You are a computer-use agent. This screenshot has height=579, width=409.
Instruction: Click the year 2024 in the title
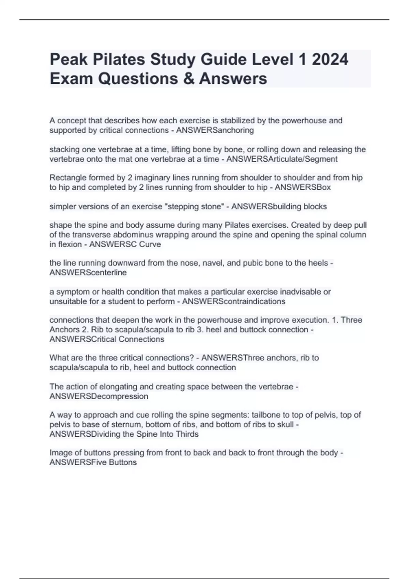(330, 60)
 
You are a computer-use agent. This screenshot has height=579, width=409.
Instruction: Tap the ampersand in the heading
(191, 79)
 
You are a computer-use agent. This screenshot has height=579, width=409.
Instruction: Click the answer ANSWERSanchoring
(215, 130)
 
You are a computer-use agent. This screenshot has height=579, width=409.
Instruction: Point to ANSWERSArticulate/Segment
(282, 159)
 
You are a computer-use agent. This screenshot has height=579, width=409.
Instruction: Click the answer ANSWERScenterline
(88, 273)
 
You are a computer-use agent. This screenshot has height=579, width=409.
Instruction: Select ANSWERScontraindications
(234, 301)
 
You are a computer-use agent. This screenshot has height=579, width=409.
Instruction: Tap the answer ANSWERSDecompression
(99, 396)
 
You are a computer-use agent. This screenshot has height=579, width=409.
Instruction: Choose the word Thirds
(187, 434)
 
